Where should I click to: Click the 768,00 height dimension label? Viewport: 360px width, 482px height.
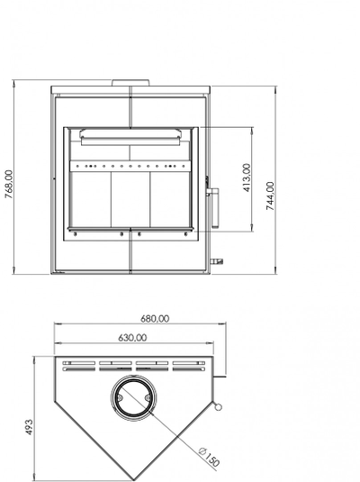click(x=9, y=184)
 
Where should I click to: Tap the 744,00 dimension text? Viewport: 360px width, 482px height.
click(x=270, y=196)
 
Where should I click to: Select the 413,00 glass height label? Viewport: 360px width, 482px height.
click(x=247, y=177)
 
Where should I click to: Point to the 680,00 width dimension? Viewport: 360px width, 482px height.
click(x=155, y=319)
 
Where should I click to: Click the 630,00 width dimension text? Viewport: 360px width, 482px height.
click(x=132, y=338)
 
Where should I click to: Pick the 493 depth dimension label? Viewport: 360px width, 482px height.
click(x=29, y=427)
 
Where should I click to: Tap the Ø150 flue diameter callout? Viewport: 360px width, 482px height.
click(x=209, y=458)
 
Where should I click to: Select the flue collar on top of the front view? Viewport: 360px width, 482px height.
click(x=130, y=83)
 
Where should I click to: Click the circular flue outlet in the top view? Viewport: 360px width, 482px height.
click(x=133, y=398)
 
